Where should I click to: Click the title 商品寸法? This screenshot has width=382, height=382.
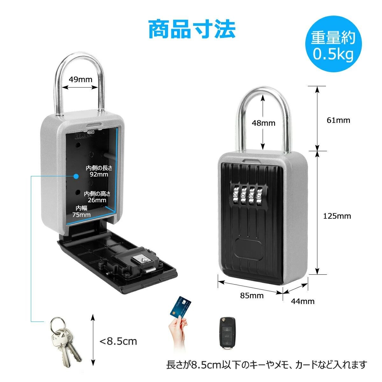(x=192, y=29)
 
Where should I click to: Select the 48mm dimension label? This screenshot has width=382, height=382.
(x=264, y=123)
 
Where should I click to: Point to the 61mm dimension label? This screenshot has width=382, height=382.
(x=338, y=120)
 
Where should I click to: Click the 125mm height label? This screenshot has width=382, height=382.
(x=337, y=216)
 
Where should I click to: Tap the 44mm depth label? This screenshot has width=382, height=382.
(x=302, y=301)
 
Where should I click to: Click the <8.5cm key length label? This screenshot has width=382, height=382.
(x=118, y=342)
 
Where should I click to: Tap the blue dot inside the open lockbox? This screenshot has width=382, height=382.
(x=76, y=176)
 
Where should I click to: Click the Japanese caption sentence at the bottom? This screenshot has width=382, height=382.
(x=266, y=364)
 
